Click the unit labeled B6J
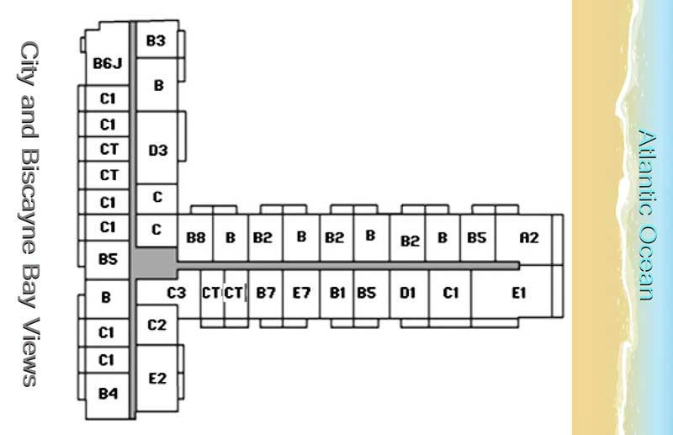(108, 63)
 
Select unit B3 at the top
(156, 40)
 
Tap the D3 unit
(158, 151)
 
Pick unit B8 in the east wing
(195, 238)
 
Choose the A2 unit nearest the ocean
(529, 238)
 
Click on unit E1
(518, 293)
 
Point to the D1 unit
(408, 293)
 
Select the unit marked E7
(301, 293)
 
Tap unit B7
(266, 293)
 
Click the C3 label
(177, 293)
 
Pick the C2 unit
(157, 325)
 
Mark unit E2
(157, 379)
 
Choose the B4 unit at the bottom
(108, 392)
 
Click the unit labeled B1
(337, 293)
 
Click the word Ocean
(646, 261)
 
